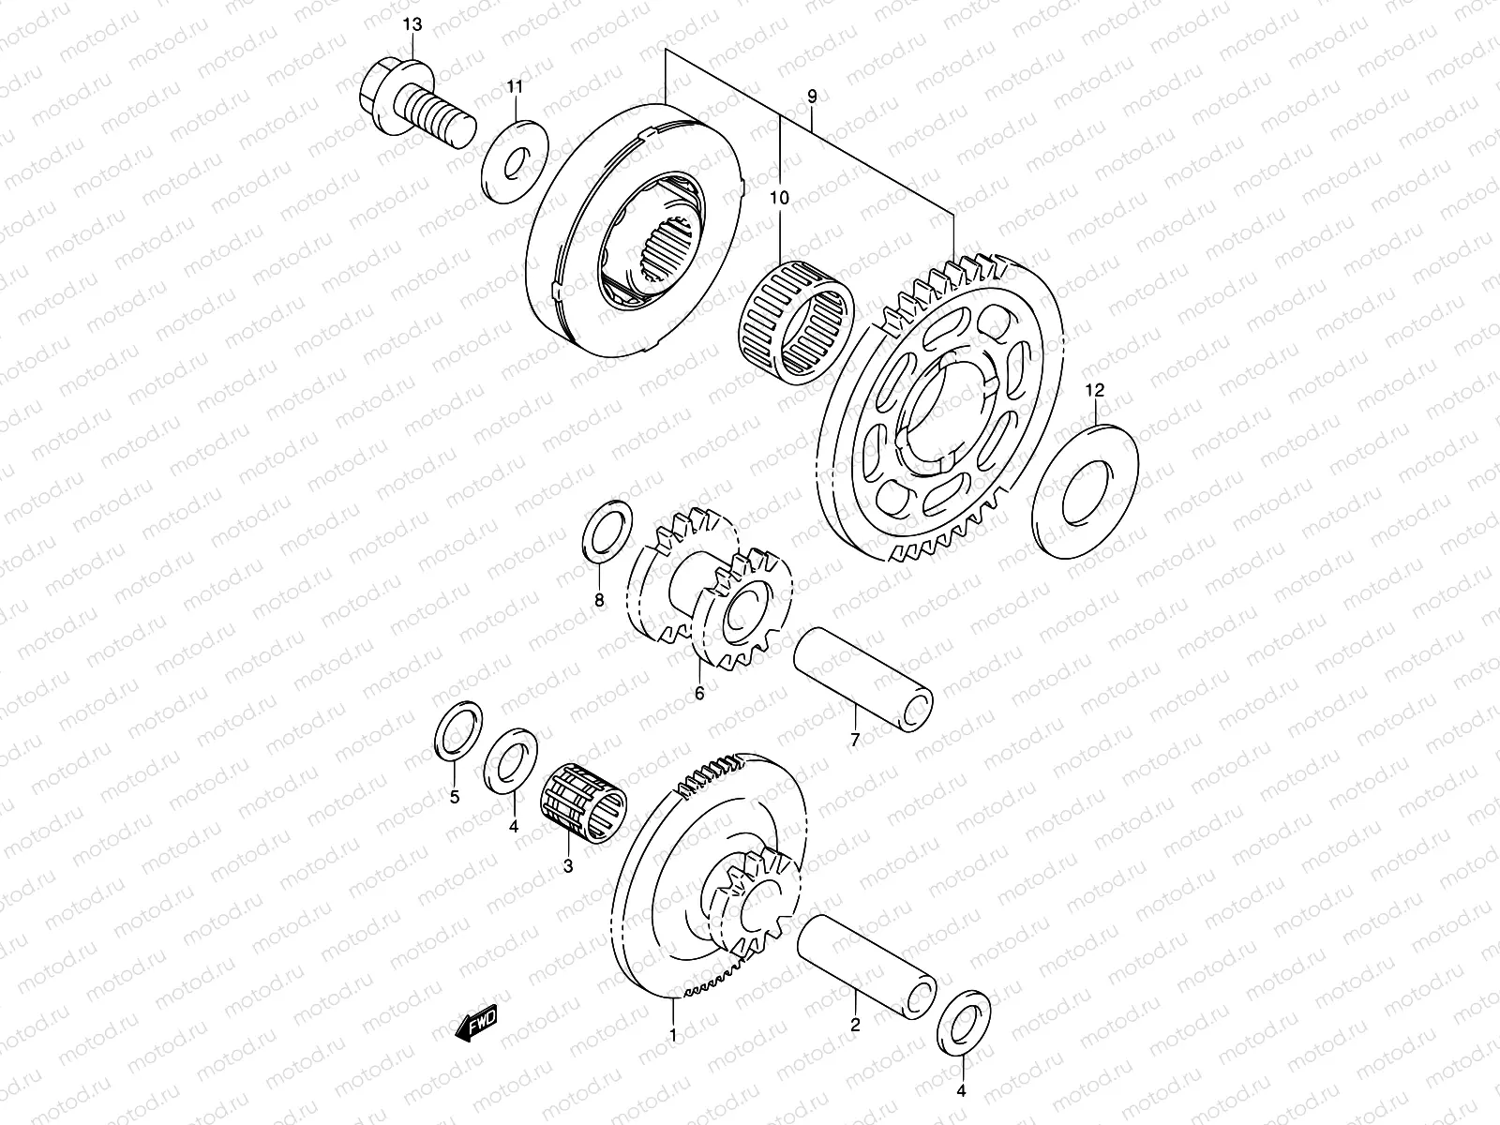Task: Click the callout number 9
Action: [x=812, y=96]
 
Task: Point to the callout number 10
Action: [x=780, y=198]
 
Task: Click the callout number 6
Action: [x=698, y=694]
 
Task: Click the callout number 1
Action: [x=672, y=1035]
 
